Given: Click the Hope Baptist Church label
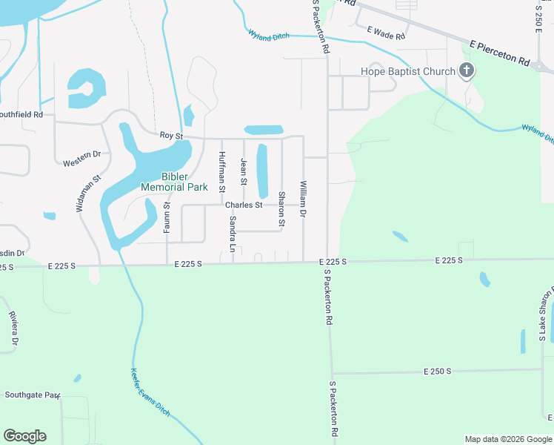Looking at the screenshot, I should pos(407,71).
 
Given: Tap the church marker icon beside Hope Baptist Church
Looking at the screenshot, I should pos(467,71).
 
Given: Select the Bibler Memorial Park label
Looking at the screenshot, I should pos(175,182).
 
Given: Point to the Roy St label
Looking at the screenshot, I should pos(171,135).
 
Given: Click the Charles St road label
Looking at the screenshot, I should pos(244,205).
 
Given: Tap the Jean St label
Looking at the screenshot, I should pos(243,171).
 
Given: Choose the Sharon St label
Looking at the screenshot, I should pos(281,209).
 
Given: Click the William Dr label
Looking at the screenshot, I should pos(303,199).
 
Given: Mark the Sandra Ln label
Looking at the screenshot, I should pos(233,235).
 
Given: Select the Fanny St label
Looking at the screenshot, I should pos(167,216).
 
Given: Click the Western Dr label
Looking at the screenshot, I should pos(81,158).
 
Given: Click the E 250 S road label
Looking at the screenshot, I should pos(437,371).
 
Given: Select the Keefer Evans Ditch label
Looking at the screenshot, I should pos(150,392).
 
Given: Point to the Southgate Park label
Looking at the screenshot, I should pos(31,395).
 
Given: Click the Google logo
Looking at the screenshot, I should pos(24,436).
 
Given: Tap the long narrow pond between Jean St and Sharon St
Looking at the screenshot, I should pos(261,170).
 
